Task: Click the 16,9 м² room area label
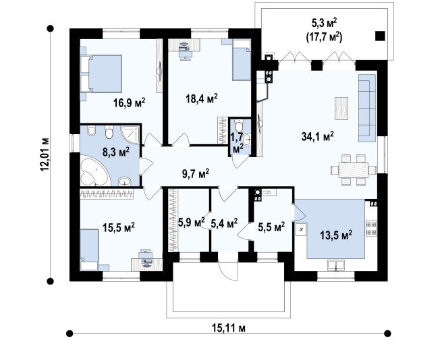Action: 130,103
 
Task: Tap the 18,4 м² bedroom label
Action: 202,98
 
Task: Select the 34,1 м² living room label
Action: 318,137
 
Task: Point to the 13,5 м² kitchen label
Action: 336,235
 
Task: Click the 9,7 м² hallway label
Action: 195,174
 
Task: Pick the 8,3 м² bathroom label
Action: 116,152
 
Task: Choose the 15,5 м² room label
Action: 118,227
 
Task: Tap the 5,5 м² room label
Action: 271,227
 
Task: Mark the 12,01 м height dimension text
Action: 45,154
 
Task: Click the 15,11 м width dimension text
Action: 228,328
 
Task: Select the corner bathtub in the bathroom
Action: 94,171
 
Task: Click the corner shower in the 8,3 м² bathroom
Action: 130,135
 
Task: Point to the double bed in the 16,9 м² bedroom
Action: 101,73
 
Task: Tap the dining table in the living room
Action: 354,170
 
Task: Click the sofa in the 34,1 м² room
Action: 367,108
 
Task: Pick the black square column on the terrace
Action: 380,36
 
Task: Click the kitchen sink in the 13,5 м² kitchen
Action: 336,266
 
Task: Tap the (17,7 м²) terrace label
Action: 325,37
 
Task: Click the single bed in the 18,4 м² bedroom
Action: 242,60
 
